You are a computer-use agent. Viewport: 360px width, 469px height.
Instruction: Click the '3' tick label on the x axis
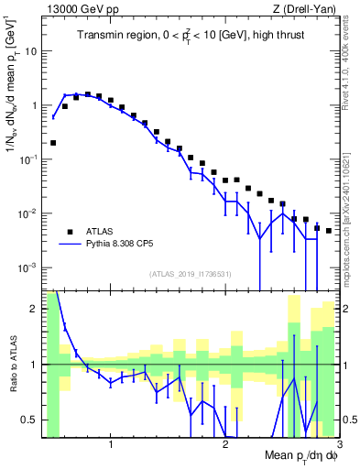pos(339,444)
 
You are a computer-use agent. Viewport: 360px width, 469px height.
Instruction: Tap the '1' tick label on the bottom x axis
pos(111,444)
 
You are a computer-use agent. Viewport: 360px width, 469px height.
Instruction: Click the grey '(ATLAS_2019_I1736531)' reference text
pos(191,274)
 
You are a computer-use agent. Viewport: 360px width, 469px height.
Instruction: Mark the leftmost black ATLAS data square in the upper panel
pos(53,143)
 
